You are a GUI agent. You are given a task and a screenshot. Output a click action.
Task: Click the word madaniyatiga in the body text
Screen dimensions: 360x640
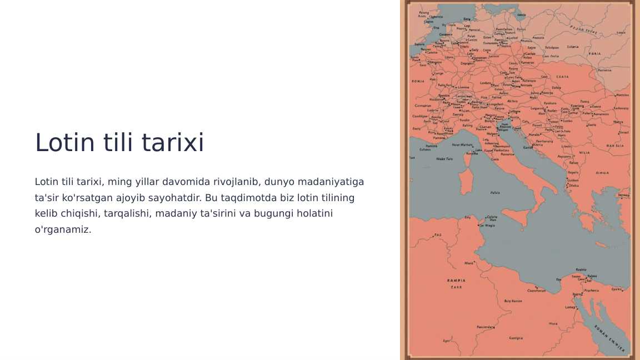pos(331,182)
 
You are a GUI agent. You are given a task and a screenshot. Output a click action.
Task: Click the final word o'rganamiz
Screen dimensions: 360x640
pos(63,229)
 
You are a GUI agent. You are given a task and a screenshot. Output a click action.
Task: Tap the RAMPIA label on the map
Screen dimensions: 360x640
pos(456,281)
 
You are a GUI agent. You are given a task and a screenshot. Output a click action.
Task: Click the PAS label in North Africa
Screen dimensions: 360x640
pos(438,235)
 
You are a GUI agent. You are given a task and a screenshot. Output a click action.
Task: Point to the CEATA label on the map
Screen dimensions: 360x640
pos(562,77)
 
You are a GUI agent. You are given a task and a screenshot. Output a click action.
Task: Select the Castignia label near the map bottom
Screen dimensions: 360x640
pos(516,338)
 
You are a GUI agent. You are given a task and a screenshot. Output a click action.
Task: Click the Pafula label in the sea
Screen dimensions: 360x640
pos(495,193)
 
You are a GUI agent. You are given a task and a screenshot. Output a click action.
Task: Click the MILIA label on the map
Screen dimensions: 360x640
pos(584,152)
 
